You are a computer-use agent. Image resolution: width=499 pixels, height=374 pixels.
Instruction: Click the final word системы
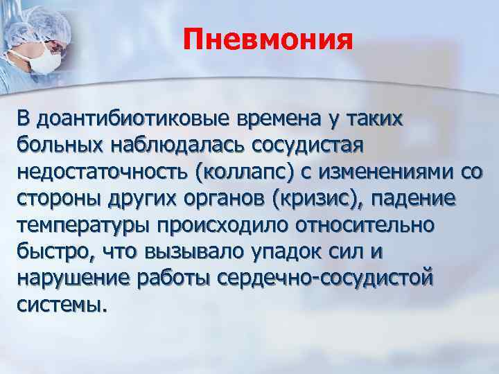[x=62, y=305]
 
